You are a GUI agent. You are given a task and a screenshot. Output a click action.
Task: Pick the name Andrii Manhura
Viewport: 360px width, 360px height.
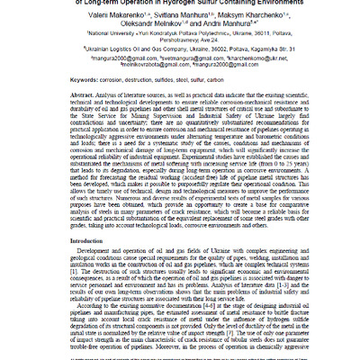click(214, 27)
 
